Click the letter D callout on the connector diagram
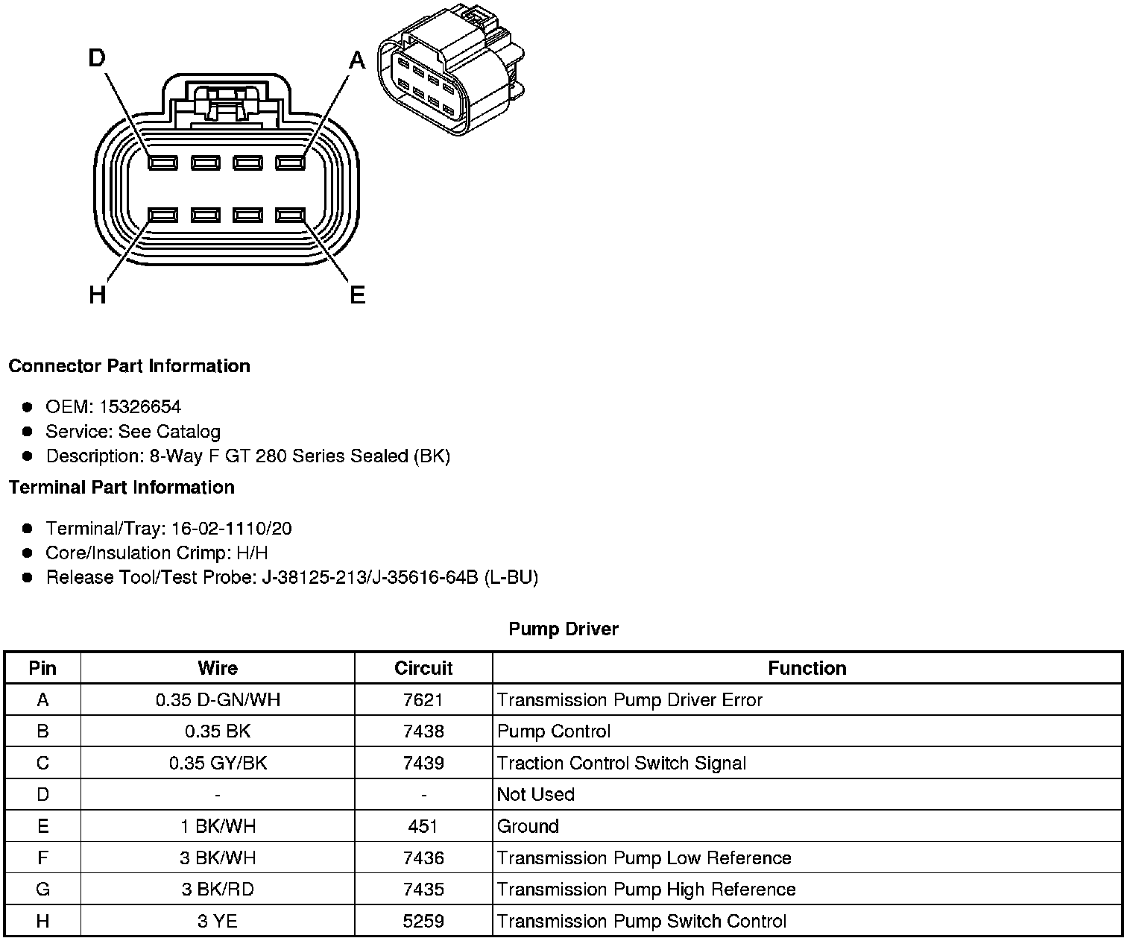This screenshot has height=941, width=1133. tap(97, 57)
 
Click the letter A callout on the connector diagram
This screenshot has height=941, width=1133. tap(358, 60)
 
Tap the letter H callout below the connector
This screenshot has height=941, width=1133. tap(97, 295)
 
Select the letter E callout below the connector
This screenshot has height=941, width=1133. tap(358, 295)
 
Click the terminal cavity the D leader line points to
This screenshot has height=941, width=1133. tap(162, 163)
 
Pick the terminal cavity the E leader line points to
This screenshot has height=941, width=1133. tap(291, 215)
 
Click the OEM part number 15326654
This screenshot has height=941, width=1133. tap(139, 406)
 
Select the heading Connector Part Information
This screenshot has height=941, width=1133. tap(129, 366)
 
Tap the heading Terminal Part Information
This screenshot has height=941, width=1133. tap(121, 488)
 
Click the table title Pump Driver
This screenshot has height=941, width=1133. tap(564, 629)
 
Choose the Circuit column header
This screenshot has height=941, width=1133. tap(423, 668)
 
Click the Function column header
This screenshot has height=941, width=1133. tap(807, 668)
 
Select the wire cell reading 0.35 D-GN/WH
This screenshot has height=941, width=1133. tap(218, 700)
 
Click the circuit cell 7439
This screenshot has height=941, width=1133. tap(423, 763)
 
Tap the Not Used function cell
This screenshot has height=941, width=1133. tap(536, 794)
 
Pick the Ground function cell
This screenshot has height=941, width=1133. tap(528, 826)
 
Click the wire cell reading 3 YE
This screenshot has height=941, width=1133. tap(218, 921)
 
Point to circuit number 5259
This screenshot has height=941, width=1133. tap(423, 921)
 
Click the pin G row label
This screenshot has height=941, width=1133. tap(42, 890)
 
